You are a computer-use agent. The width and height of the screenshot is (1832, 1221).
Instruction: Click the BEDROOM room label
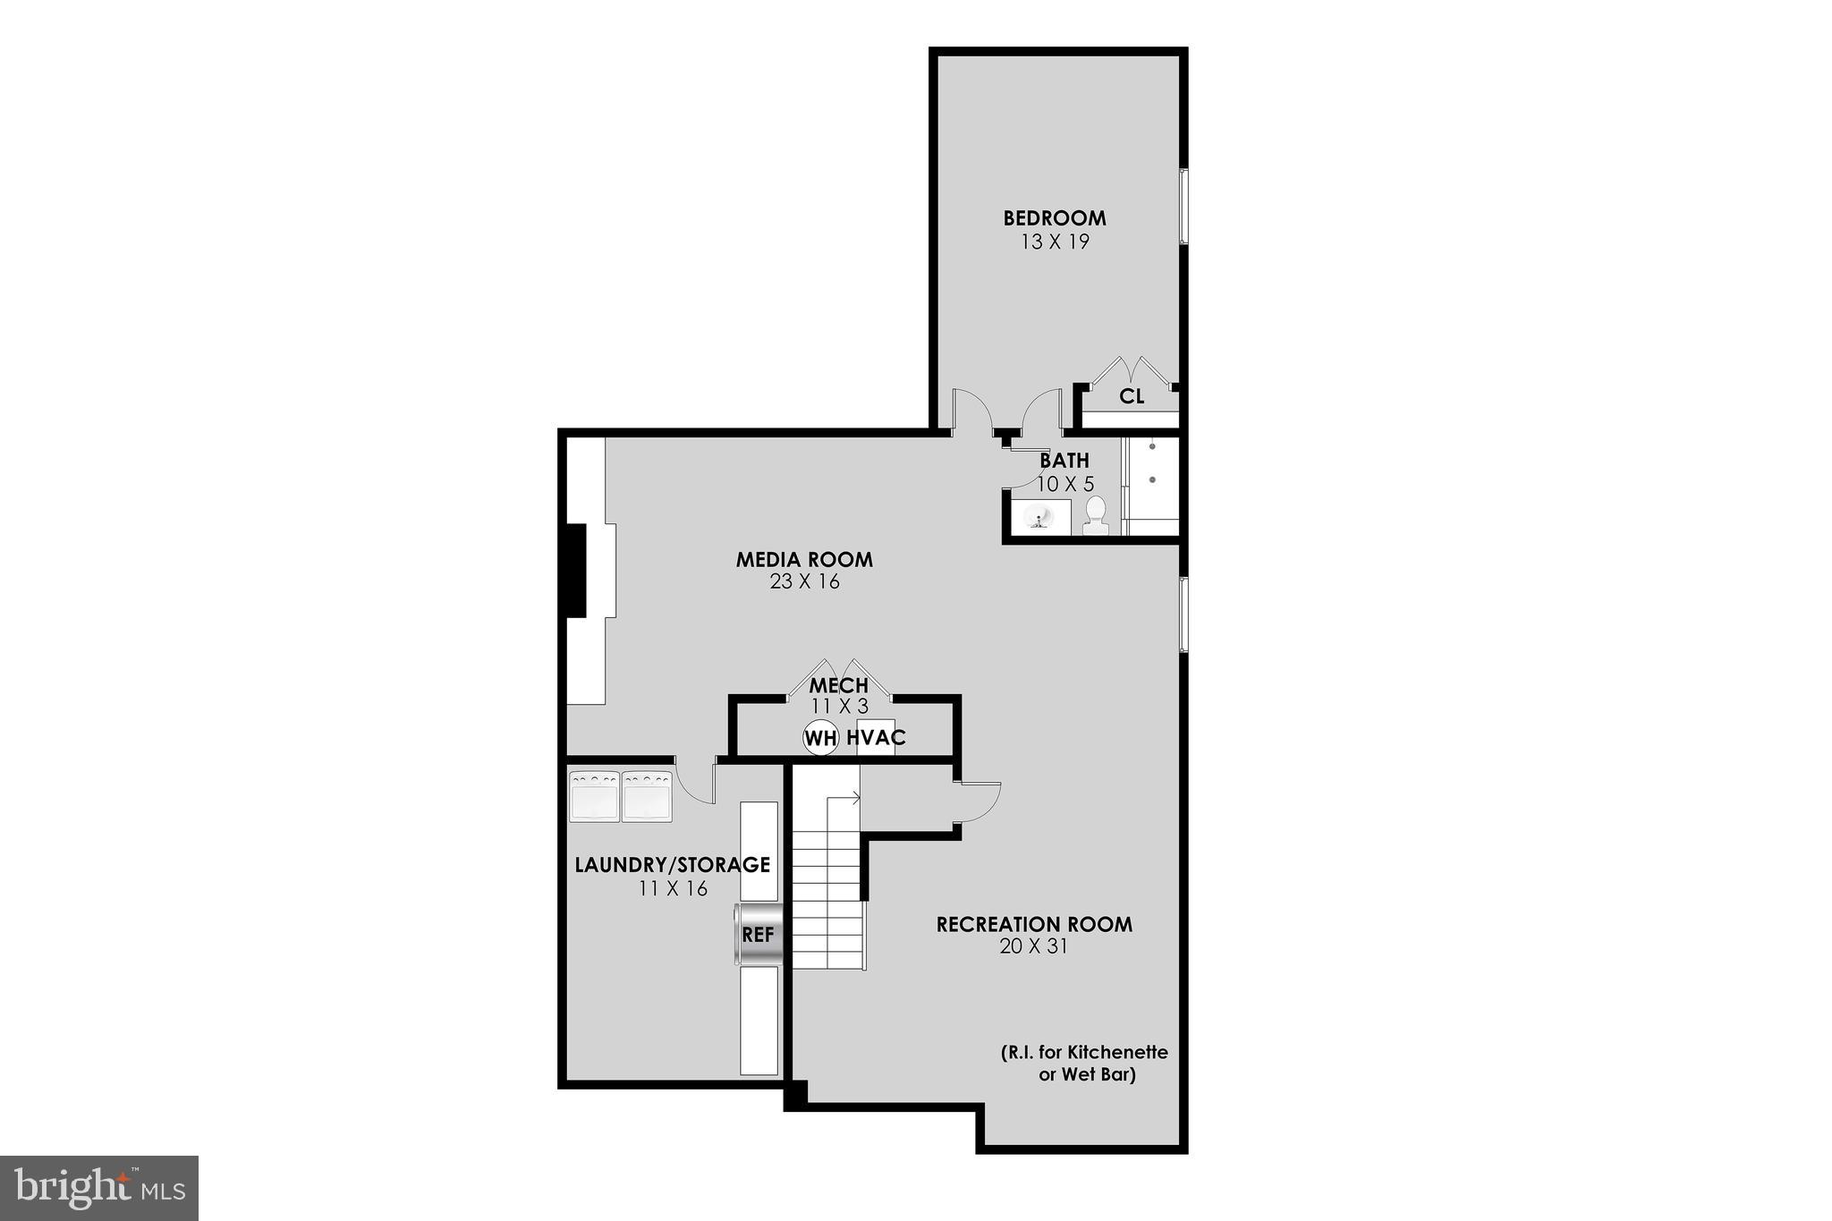click(x=1054, y=218)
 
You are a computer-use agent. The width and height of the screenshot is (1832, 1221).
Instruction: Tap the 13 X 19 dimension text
click(x=1055, y=242)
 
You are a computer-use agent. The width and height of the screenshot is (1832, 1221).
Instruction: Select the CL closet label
click(x=1132, y=396)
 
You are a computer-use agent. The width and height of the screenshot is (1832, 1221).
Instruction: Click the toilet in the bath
click(x=1096, y=516)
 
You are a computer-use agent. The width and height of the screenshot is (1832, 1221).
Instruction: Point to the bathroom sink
click(x=1039, y=516)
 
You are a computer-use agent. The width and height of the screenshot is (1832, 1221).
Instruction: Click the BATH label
click(x=1064, y=461)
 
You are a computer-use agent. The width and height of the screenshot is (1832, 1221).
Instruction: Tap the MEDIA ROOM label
click(x=803, y=560)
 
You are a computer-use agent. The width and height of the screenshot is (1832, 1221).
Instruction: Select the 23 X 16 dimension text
click(x=804, y=581)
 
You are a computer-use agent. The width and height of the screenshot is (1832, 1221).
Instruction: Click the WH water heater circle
click(x=820, y=738)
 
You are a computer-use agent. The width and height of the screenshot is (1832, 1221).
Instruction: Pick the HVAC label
click(x=876, y=738)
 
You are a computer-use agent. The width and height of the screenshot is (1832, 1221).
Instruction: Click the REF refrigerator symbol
click(x=759, y=935)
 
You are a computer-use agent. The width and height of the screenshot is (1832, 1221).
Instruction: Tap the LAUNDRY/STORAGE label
click(x=672, y=865)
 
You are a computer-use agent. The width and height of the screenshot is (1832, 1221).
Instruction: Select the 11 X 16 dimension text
click(x=673, y=888)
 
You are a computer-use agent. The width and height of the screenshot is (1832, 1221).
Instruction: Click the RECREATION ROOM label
click(x=1034, y=924)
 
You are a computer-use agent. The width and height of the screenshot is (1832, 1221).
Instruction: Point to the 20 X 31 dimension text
click(x=1033, y=946)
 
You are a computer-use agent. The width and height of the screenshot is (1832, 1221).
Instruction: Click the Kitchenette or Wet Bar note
click(x=1084, y=1064)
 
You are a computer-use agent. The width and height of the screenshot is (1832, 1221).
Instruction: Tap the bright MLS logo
click(x=99, y=1187)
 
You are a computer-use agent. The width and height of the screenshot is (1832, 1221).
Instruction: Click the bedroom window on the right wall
click(x=1183, y=206)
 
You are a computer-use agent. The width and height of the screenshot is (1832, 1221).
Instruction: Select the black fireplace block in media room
click(x=572, y=570)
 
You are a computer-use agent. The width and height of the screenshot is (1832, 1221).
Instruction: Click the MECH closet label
click(x=838, y=686)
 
